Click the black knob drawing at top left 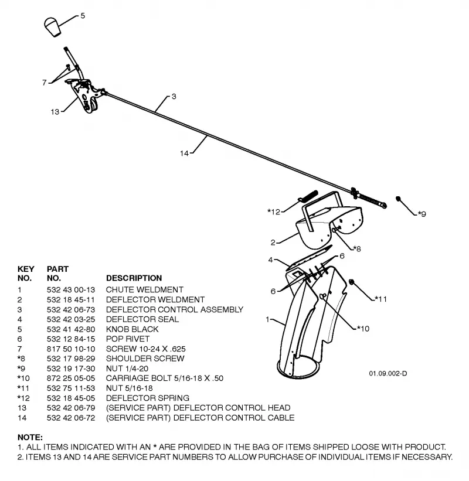point(53,27)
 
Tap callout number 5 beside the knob point(83,15)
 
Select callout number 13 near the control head point(55,112)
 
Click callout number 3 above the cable point(174,96)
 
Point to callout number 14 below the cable point(184,153)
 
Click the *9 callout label point(422,213)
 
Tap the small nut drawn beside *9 point(399,199)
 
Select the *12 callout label point(274,211)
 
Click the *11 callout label point(380,299)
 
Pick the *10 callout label point(363,329)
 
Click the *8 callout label point(356,248)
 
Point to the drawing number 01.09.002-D point(388,373)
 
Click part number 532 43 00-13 point(71,289)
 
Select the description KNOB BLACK point(132,329)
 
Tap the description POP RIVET point(128,339)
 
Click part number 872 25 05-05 point(71,378)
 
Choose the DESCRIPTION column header point(134,278)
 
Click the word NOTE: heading point(30,437)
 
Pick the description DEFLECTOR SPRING point(148,398)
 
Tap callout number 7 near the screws point(44,83)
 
